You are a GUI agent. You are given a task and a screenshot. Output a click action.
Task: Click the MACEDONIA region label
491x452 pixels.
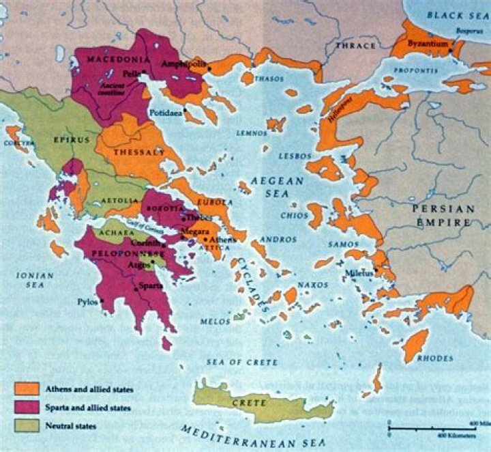click(x=113, y=59)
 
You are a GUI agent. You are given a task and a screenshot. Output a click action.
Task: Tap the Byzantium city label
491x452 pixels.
click(x=428, y=44)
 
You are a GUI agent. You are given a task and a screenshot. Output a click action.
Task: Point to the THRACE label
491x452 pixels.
click(x=355, y=46)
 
